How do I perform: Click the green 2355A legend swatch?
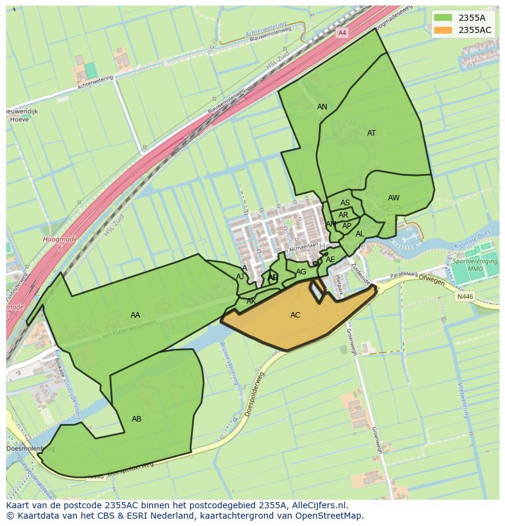pyautogui.click(x=443, y=18)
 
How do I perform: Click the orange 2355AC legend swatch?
pyautogui.click(x=443, y=30)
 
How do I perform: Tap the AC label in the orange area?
pyautogui.click(x=295, y=315)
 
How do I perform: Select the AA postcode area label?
pyautogui.click(x=135, y=315)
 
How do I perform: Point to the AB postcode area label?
pyautogui.click(x=137, y=419)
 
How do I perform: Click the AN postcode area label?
pyautogui.click(x=322, y=107)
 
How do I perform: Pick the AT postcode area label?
pyautogui.click(x=371, y=133)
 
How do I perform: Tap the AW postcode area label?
pyautogui.click(x=393, y=198)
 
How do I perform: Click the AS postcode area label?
pyautogui.click(x=345, y=203)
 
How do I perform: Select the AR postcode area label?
pyautogui.click(x=343, y=215)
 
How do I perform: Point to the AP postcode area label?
pyautogui.click(x=346, y=226)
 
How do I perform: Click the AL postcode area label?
pyautogui.click(x=360, y=234)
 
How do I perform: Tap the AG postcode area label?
pyautogui.click(x=301, y=272)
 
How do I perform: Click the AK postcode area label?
pyautogui.click(x=251, y=301)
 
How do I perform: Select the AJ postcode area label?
pyautogui.click(x=240, y=277)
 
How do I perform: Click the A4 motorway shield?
pyautogui.click(x=342, y=32)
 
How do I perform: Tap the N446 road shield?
pyautogui.click(x=465, y=296)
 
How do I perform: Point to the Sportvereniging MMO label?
pyautogui.click(x=475, y=265)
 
